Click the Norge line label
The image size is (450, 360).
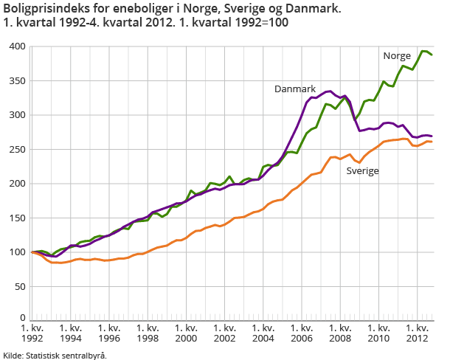click(397, 56)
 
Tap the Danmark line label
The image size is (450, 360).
click(295, 89)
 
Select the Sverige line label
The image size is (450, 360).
click(363, 170)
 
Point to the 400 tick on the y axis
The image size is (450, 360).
click(17, 46)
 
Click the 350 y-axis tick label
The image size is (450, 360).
click(17, 81)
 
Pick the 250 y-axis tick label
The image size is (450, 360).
click(17, 149)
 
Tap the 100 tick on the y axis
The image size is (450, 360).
click(17, 252)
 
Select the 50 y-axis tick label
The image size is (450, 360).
click(19, 286)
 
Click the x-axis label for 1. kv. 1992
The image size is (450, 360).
click(32, 333)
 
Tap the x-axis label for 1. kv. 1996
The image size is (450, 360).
click(108, 333)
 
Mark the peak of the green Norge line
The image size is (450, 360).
click(423, 51)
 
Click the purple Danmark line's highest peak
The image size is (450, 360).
click(329, 91)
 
